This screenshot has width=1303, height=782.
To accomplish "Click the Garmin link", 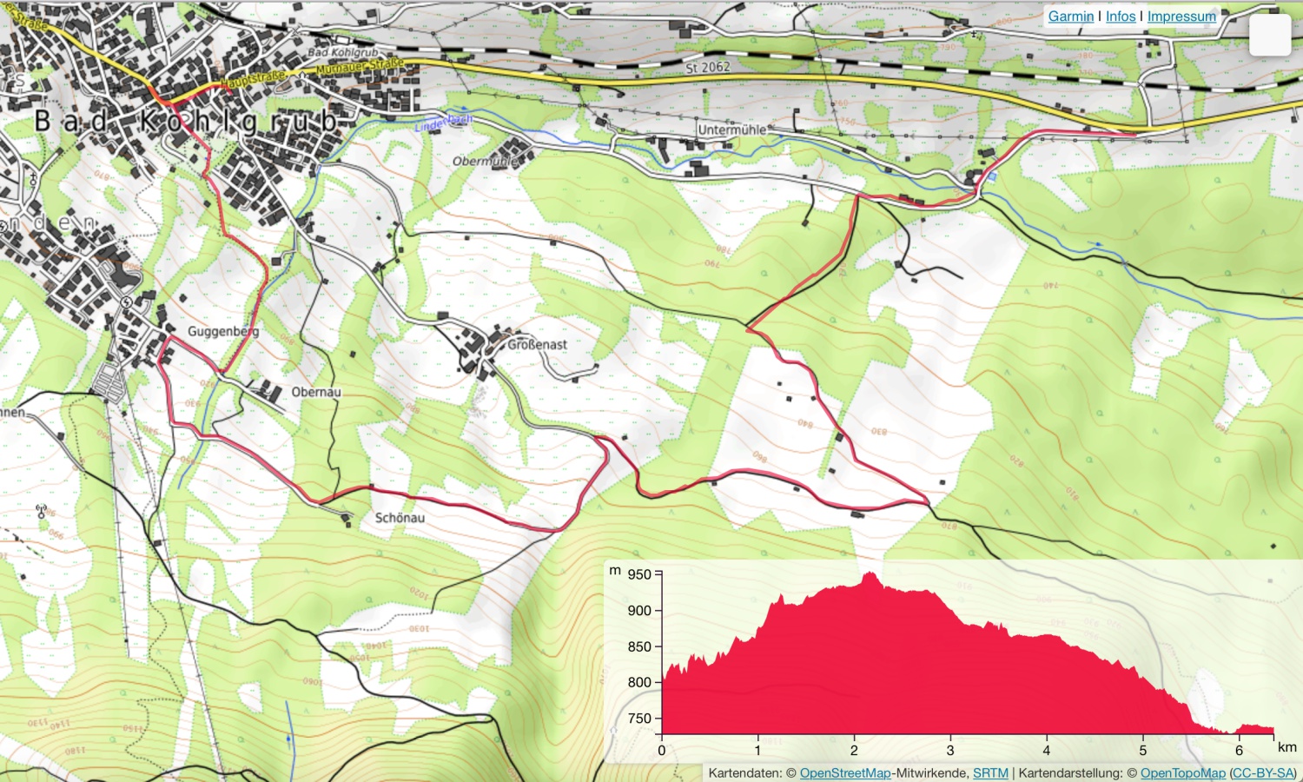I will point(1070,17).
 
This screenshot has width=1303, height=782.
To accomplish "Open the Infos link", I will point(1121,17).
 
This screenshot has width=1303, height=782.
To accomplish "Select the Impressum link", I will point(1181,17).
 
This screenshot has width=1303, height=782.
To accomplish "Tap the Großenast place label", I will point(537,345).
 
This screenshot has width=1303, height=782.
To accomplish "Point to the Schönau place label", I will point(400,518).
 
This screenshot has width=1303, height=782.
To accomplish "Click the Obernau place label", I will point(316,392).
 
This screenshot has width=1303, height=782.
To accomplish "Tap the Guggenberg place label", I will point(223,331).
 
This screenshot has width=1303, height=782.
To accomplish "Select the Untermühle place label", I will point(732,130).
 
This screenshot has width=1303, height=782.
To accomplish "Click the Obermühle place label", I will point(485,161).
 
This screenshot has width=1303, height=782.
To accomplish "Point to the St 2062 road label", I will point(707,67).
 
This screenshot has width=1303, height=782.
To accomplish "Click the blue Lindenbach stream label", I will point(443,123).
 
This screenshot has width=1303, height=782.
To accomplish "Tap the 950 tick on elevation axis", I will point(639,574).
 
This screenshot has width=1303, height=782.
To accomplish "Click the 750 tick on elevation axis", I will point(639,719).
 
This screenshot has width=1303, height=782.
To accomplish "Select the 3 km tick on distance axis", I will point(950,750).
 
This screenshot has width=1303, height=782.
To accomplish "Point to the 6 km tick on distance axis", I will point(1239,750).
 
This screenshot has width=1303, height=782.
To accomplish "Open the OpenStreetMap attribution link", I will point(844,772).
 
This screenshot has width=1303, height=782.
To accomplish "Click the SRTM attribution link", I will point(990,772).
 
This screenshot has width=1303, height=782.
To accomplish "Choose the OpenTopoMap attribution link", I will point(1182,772).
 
